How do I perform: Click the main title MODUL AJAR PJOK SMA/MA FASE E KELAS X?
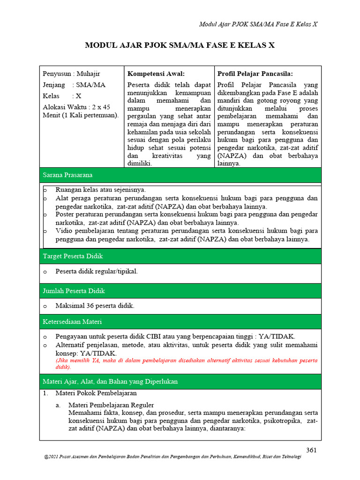[x=180, y=45]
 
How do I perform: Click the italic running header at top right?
[x=259, y=24]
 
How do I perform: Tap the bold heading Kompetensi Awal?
[x=156, y=74]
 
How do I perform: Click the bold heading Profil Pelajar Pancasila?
[x=255, y=74]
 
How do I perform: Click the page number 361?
[x=312, y=450]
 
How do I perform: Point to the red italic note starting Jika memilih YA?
[x=186, y=364]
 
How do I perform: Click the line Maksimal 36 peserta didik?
[x=95, y=306]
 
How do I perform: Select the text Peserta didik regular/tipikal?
[x=97, y=271]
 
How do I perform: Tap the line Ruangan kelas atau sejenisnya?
[x=100, y=190]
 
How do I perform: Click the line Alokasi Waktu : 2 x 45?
[x=76, y=107]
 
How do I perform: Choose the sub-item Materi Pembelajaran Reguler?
[x=111, y=405]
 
